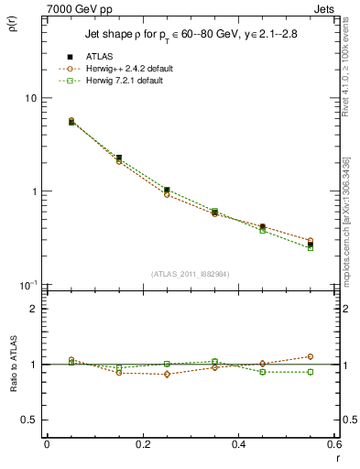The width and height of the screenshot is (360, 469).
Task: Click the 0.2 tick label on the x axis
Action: (x=142, y=444)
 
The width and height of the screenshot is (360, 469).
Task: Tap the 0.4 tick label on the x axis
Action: (x=238, y=444)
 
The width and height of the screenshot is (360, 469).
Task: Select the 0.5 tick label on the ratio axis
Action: (x=30, y=420)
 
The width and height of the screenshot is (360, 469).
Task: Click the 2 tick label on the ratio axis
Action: (x=34, y=309)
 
